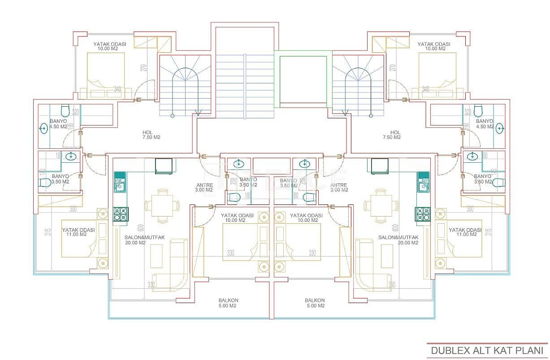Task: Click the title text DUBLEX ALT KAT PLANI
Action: [487, 350]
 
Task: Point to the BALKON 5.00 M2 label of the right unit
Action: [315, 303]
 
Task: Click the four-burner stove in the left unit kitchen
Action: [120, 214]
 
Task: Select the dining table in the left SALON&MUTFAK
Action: [159, 206]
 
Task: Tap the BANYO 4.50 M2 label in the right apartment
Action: [484, 124]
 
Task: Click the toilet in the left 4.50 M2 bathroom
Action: [65, 110]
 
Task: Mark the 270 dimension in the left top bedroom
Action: [144, 68]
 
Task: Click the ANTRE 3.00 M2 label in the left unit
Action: [204, 187]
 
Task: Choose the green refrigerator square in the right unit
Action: [379, 166]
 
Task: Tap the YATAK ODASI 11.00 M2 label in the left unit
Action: [78, 232]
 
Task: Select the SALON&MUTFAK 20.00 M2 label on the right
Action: [398, 240]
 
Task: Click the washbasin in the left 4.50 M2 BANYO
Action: [44, 129]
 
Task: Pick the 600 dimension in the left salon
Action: [140, 229]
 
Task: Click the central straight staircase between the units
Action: [245, 85]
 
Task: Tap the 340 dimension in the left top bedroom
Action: [117, 89]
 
